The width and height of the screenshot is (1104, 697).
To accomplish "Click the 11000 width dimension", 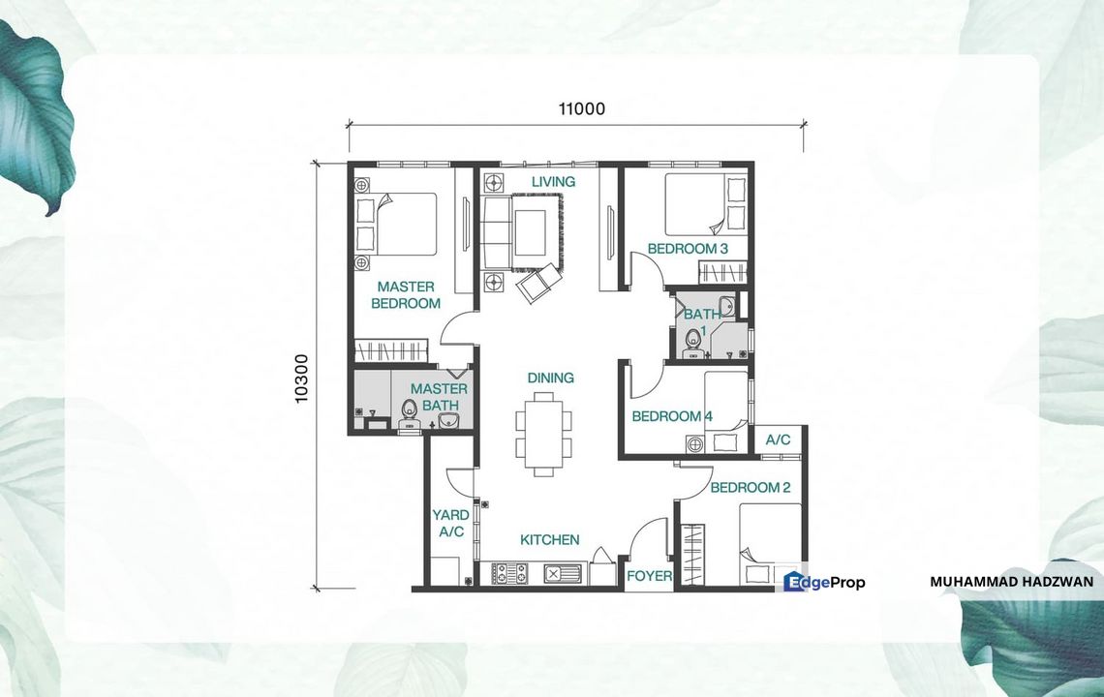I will click(581, 108).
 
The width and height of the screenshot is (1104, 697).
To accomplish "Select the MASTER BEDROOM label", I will click(407, 295).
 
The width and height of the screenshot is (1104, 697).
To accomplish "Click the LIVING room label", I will click(553, 181).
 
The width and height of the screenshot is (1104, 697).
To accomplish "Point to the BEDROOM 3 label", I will click(688, 249).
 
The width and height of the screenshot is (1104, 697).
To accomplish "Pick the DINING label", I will click(550, 378).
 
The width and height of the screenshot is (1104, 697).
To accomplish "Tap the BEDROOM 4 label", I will click(672, 416).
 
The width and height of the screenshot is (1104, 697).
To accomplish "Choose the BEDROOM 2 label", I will click(751, 487).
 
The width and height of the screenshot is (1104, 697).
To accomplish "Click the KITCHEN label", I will click(549, 539).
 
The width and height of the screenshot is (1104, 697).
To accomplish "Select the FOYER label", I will click(649, 576).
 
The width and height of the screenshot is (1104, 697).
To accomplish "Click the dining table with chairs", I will click(543, 433).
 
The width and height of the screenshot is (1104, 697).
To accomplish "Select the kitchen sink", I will click(561, 574).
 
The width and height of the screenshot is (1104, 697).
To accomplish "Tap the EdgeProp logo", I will click(824, 582).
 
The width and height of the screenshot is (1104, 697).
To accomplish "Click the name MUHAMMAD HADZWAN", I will click(1011, 582).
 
